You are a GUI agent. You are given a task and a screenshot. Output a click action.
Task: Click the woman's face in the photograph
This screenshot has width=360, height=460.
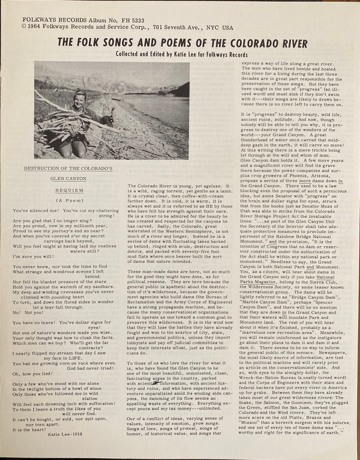81,99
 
